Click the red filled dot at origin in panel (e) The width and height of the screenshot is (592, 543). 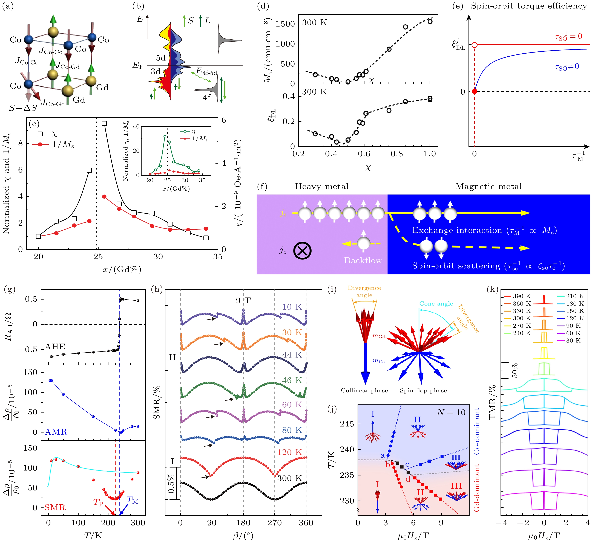pyautogui.click(x=474, y=91)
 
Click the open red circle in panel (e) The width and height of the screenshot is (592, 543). pyautogui.click(x=474, y=45)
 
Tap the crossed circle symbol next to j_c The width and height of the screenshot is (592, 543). pyautogui.click(x=303, y=251)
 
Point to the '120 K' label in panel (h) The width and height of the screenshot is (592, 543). pyautogui.click(x=289, y=452)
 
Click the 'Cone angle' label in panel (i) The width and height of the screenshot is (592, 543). pyautogui.click(x=436, y=304)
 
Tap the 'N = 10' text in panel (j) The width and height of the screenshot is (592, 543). pyautogui.click(x=451, y=413)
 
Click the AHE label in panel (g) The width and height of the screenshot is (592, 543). pyautogui.click(x=55, y=347)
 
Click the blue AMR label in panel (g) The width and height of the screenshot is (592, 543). pyautogui.click(x=56, y=432)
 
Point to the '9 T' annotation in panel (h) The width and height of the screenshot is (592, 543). pyautogui.click(x=243, y=301)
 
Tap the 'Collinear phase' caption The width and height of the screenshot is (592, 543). pyautogui.click(x=364, y=391)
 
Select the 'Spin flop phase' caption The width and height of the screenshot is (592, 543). pyautogui.click(x=423, y=391)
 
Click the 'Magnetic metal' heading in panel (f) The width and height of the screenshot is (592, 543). pyautogui.click(x=488, y=187)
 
